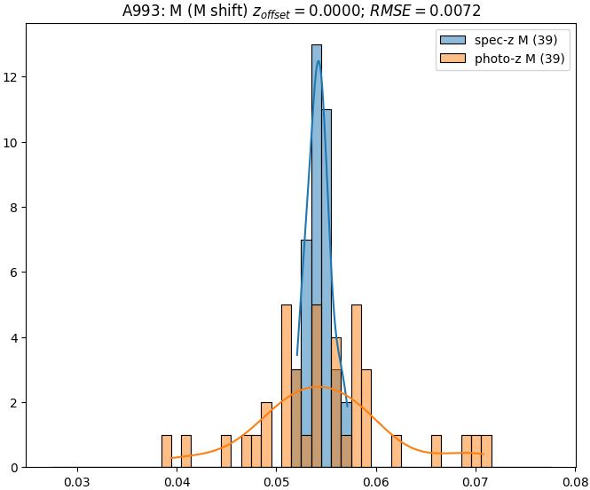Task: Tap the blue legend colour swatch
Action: point(450,40)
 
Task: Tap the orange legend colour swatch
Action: point(450,59)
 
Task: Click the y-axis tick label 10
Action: point(12,142)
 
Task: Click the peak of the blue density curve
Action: point(318,60)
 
